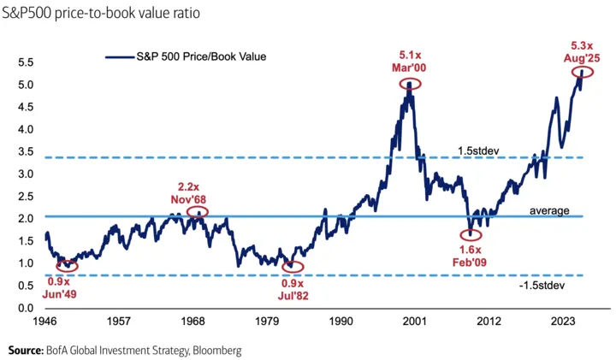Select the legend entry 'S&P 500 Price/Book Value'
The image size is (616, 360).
pos(198,56)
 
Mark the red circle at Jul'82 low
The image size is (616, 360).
pos(293,266)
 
